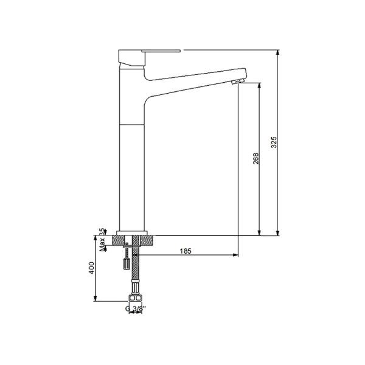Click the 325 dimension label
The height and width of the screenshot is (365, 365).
coord(274,142)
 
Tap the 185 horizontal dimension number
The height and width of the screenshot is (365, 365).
coord(187,251)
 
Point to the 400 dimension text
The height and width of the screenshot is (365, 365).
coord(91,268)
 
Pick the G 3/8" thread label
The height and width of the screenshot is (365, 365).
coord(135,308)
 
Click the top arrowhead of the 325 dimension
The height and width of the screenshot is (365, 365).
coord(278,53)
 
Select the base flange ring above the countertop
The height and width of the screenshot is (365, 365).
coord(133,232)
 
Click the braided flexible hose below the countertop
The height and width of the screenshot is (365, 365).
coord(135,271)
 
